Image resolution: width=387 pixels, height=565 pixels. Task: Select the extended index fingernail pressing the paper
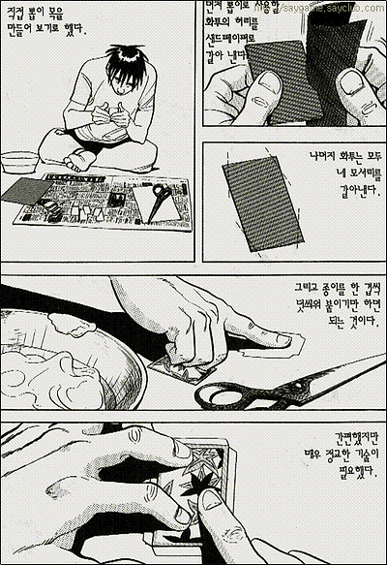(x=276, y=339)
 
